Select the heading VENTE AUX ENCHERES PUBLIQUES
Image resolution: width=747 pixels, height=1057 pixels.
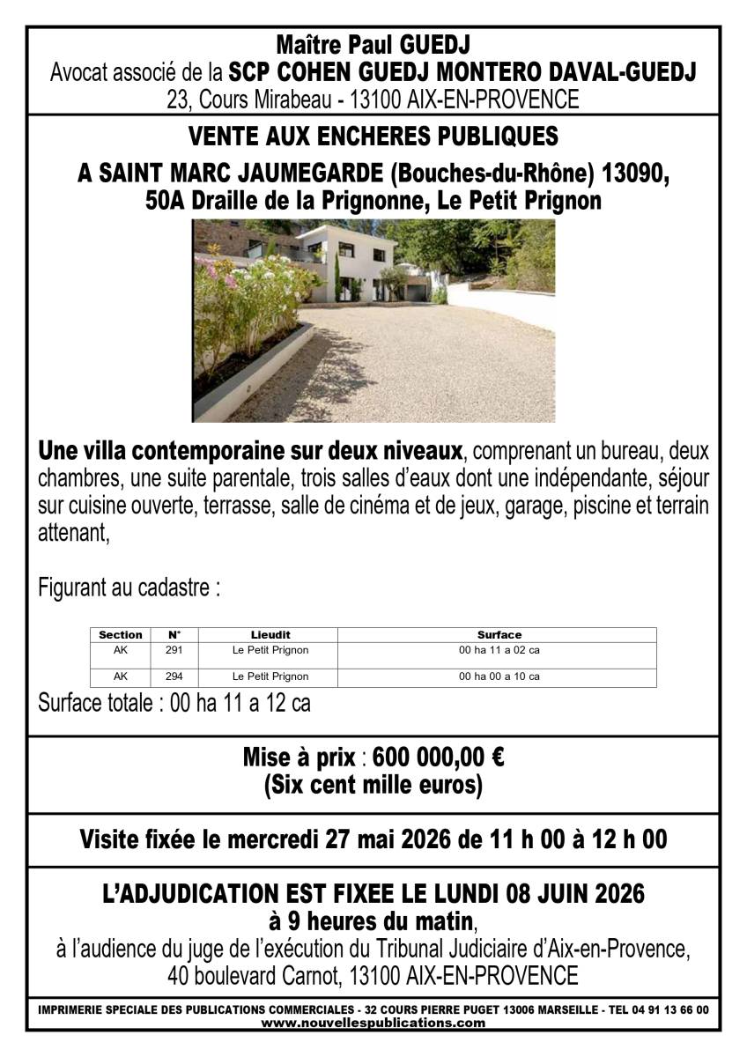pyautogui.click(x=373, y=137)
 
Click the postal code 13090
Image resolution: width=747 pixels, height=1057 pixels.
pyautogui.click(x=635, y=174)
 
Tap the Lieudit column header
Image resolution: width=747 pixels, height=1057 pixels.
pyautogui.click(x=270, y=634)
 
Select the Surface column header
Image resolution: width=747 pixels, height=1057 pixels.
pyautogui.click(x=499, y=634)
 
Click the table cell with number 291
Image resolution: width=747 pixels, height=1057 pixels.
pyautogui.click(x=174, y=651)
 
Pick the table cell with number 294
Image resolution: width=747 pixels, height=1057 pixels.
pyautogui.click(x=174, y=676)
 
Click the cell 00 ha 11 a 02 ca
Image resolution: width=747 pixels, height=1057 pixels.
pyautogui.click(x=499, y=651)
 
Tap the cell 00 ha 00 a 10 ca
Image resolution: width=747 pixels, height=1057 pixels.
pyautogui.click(x=499, y=676)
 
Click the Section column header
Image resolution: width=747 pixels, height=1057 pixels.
pyautogui.click(x=121, y=634)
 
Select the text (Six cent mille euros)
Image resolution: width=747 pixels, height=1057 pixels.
pyautogui.click(x=373, y=785)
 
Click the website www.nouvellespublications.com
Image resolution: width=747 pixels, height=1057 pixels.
pyautogui.click(x=373, y=1023)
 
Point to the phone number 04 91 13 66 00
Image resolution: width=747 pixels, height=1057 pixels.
pyautogui.click(x=670, y=1010)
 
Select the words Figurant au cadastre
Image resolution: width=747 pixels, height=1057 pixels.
pyautogui.click(x=129, y=588)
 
